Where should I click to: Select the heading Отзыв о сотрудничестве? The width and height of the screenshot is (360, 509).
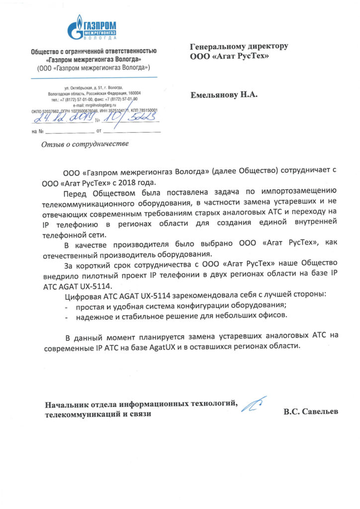(83, 144)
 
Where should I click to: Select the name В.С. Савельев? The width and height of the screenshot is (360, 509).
(310, 412)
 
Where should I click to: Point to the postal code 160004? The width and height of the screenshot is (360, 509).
(134, 93)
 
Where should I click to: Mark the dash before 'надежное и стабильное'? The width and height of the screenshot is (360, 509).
(67, 315)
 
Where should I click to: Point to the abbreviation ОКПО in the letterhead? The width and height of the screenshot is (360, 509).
(38, 111)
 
